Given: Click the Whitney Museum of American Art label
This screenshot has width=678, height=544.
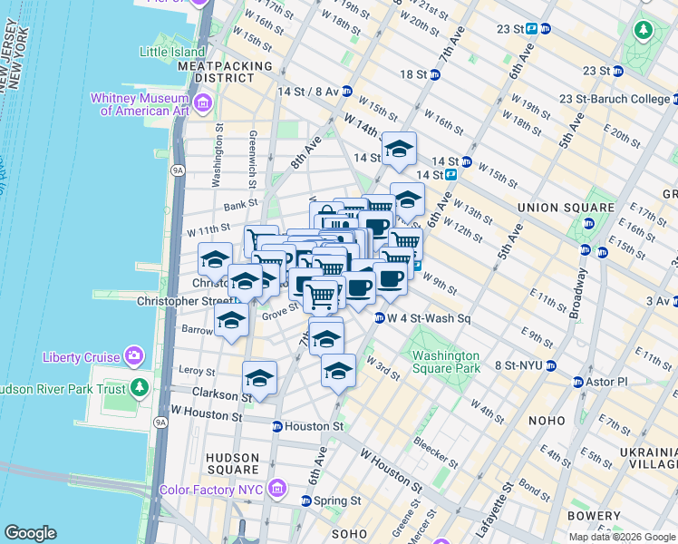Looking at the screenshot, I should click(x=144, y=104).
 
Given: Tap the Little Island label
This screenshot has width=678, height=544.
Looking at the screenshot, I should click(x=172, y=52).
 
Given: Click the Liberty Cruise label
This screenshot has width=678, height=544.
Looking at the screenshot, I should click(x=81, y=356).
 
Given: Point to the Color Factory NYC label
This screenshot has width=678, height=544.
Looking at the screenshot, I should click(x=210, y=491).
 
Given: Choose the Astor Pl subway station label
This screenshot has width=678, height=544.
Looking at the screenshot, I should click(x=608, y=382).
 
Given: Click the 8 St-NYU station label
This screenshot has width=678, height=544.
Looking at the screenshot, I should click(x=517, y=364).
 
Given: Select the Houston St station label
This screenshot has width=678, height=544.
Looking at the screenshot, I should click(x=314, y=425).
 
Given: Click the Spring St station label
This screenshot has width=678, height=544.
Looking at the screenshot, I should click(x=338, y=500).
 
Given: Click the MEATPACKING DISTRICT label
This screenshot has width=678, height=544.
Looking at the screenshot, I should click(x=226, y=73).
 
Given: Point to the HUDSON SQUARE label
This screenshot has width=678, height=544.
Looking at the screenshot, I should click(x=232, y=463).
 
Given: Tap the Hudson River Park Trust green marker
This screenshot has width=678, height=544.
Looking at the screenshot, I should click(x=139, y=389).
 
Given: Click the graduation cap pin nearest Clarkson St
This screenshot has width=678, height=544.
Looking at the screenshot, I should click(x=259, y=380).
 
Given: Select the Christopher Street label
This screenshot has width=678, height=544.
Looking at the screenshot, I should click(x=187, y=301).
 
